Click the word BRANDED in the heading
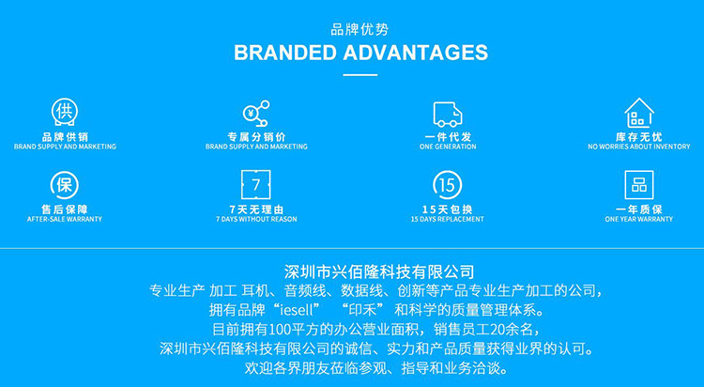tap(292, 52)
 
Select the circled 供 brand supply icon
tap(65, 112)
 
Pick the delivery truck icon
tap(448, 114)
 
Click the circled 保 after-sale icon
tap(65, 183)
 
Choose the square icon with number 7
tap(256, 183)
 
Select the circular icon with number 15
tap(448, 183)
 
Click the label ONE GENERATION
tap(448, 147)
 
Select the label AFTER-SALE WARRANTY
tap(65, 219)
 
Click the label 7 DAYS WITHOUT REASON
tap(256, 219)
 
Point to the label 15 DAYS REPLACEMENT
tap(448, 219)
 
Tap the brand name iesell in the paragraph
tap(302, 309)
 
